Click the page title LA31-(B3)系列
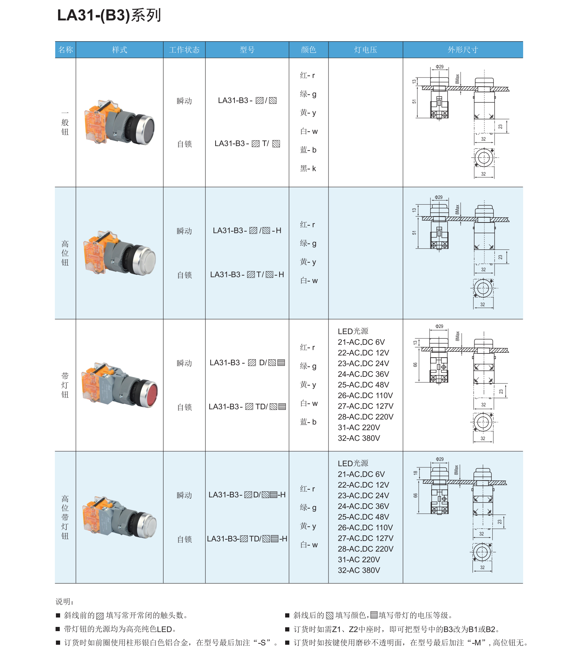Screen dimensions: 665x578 click(109, 16)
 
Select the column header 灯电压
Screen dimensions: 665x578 click(365, 50)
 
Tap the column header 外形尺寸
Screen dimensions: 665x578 click(463, 50)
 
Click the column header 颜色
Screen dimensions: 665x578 click(308, 50)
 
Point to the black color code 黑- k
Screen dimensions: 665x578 click(308, 169)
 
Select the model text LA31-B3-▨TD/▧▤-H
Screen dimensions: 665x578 click(247, 539)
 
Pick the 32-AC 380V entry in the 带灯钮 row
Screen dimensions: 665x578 click(359, 438)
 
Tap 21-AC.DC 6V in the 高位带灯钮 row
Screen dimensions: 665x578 click(361, 474)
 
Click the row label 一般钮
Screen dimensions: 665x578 click(65, 123)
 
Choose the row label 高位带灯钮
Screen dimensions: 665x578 click(65, 517)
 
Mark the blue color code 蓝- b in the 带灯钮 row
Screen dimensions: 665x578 click(308, 422)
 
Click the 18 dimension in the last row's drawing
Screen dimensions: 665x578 click(415, 473)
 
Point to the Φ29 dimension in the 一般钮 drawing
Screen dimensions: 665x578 click(440, 67)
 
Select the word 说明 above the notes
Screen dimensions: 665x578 click(64, 601)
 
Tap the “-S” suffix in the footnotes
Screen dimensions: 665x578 click(264, 643)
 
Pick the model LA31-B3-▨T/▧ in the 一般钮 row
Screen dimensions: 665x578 click(247, 144)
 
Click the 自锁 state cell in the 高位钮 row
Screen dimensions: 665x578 click(184, 275)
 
